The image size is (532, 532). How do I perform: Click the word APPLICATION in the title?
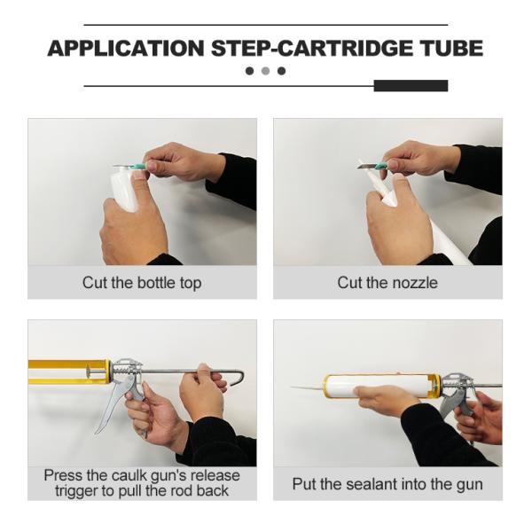tap(126, 48)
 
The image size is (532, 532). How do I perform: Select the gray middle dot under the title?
tap(266, 71)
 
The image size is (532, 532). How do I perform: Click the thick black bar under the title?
tap(411, 86)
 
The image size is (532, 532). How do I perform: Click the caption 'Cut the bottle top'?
tap(142, 283)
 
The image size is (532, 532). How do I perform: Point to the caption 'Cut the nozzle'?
tap(387, 283)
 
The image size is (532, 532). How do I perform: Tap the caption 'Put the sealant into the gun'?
tap(387, 484)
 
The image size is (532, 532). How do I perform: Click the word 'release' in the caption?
tap(215, 475)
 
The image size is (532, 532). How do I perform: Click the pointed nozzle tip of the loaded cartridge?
tap(293, 387)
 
